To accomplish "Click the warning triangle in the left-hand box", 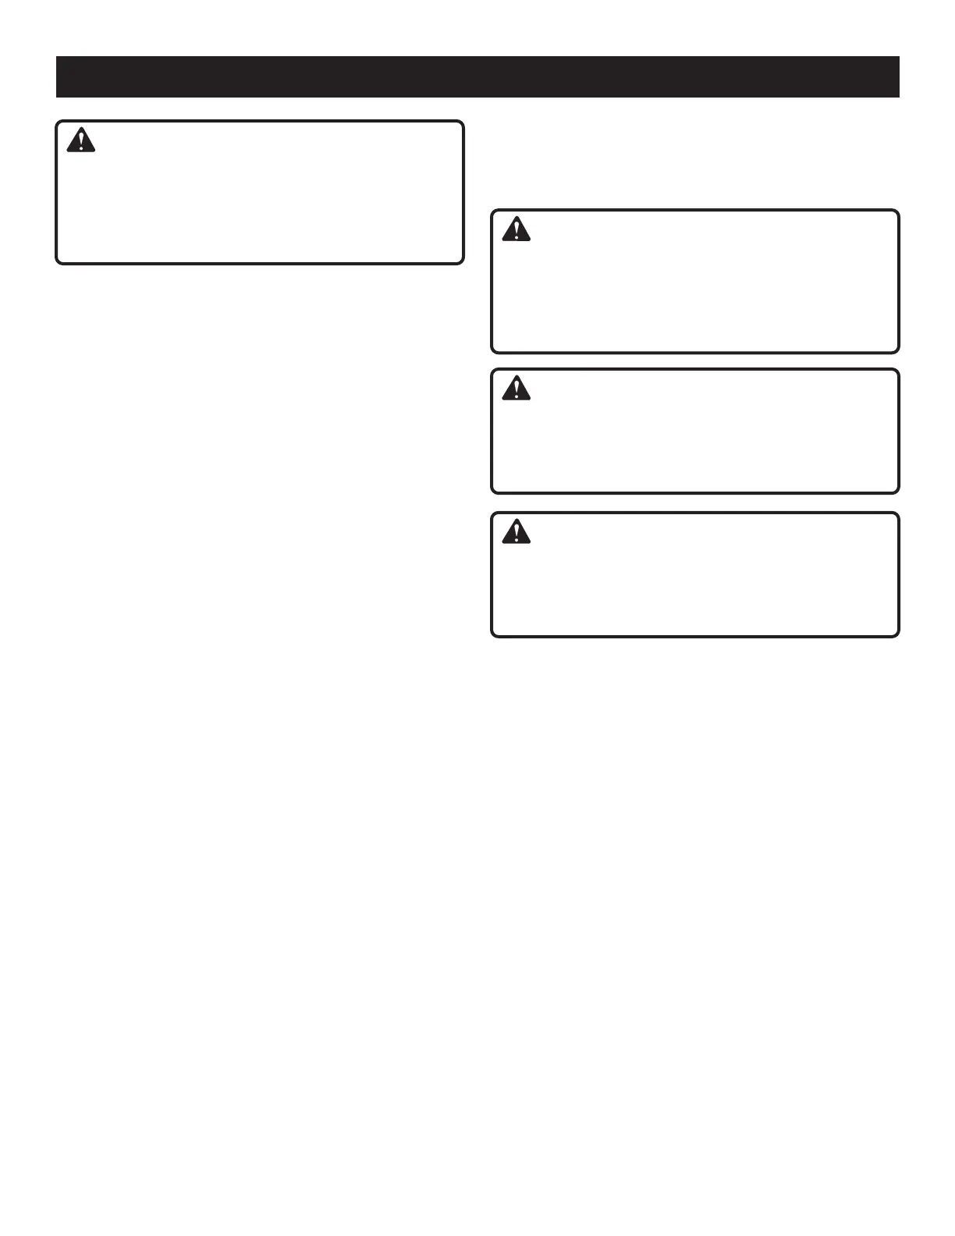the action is point(80,141).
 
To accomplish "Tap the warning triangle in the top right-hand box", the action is point(516,229).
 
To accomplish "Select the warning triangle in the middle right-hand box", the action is point(516,389).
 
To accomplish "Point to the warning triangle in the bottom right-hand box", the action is point(516,532).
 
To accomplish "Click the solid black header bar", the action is point(477,76).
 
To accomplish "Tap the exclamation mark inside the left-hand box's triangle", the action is point(80,143).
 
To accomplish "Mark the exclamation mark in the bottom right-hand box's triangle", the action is point(516,534).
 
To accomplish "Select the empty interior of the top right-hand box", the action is point(694,293).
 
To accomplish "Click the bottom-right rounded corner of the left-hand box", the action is point(460,261).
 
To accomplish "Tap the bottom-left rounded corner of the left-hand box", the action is point(59,261).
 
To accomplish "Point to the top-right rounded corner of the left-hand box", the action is point(460,124).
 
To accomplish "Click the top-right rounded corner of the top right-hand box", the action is point(896,213).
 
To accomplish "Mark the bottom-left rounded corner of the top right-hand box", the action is point(495,350).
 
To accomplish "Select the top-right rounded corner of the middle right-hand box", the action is point(896,372).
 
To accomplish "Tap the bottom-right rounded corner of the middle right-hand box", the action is point(896,490).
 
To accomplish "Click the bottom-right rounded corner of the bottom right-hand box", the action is point(896,634).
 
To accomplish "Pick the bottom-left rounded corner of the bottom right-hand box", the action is point(495,634).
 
